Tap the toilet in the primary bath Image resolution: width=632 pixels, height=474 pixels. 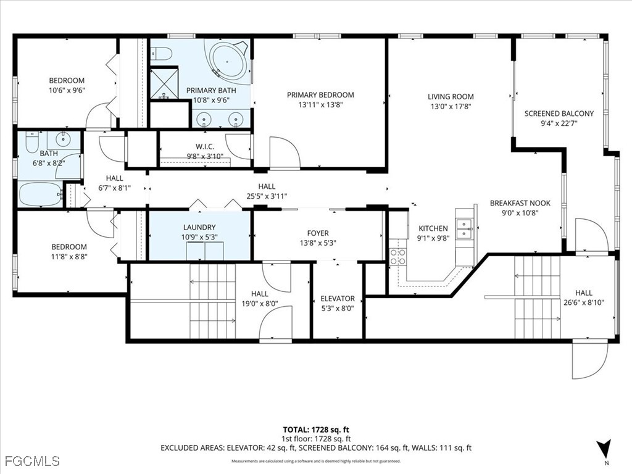point(162,55)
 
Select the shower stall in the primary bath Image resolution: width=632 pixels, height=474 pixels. point(164,83)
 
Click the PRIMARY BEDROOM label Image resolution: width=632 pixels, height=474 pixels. point(320,95)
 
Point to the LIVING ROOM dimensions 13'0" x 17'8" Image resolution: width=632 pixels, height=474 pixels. point(451,106)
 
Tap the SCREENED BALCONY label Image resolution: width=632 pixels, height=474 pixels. point(559,114)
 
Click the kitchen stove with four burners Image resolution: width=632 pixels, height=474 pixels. point(397,256)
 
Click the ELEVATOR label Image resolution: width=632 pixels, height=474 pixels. point(338,299)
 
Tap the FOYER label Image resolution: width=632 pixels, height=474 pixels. point(318,233)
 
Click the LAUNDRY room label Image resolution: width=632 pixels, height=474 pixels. point(199,227)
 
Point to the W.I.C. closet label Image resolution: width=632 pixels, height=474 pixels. point(204,146)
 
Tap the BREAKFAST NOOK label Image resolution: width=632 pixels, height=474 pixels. point(520,203)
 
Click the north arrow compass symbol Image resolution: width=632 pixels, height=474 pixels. point(605,447)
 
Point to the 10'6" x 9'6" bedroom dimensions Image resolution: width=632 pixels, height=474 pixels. point(67,90)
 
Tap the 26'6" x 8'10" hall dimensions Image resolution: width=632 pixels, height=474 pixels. point(583,302)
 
